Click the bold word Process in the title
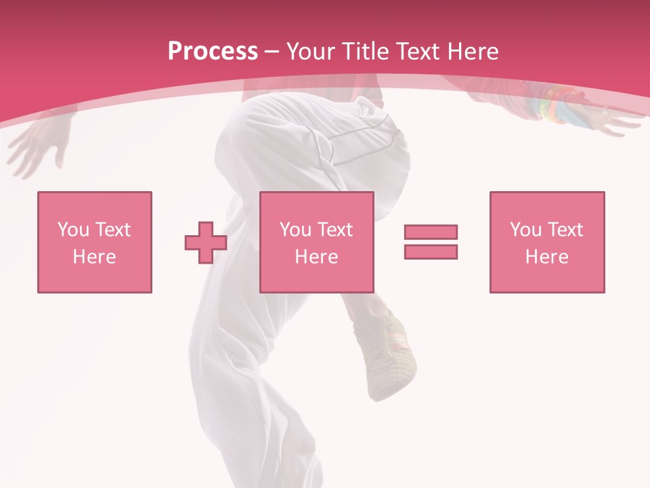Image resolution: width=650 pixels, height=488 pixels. [213, 52]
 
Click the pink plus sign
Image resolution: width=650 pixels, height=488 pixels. [206, 243]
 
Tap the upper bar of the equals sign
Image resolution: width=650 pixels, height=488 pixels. [431, 232]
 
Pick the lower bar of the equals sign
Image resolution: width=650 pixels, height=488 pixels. [431, 251]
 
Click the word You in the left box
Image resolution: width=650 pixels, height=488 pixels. [73, 230]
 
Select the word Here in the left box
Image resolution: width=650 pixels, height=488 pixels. [94, 257]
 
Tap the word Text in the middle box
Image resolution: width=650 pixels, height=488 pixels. [334, 230]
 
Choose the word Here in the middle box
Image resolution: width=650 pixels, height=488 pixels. [316, 257]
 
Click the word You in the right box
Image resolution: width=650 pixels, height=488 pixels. [525, 230]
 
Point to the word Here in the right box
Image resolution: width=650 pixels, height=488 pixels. [546, 257]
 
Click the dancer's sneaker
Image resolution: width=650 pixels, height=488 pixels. [391, 356]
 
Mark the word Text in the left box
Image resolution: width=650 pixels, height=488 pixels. [112, 230]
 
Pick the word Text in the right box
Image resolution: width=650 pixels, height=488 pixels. [565, 230]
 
